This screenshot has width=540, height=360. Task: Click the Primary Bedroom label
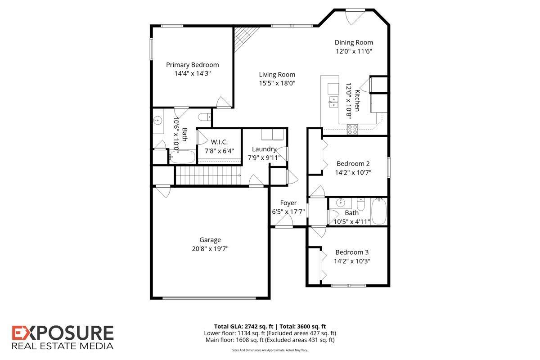(x=193, y=65)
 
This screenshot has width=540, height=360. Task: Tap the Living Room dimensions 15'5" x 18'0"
(x=277, y=83)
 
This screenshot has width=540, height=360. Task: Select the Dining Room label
(x=354, y=42)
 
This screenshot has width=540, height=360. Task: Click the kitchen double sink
(x=334, y=102)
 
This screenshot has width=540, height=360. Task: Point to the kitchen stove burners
(x=352, y=129)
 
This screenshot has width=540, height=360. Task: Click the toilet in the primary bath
(x=204, y=117)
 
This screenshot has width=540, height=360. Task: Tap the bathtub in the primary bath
(x=182, y=157)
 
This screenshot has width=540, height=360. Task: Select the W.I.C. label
(x=219, y=142)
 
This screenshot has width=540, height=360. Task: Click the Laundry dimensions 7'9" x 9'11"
(x=264, y=157)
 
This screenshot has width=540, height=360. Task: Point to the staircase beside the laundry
(x=208, y=175)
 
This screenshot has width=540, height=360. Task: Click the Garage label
(x=210, y=240)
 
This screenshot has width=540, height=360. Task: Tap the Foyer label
(x=288, y=203)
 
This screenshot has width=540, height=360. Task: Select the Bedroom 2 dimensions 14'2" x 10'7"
(x=353, y=173)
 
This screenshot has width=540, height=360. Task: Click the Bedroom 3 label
(x=352, y=252)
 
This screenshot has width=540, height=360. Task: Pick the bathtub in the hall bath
(x=379, y=211)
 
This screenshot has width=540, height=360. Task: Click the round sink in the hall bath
(x=341, y=203)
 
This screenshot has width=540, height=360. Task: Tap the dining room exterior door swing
(x=354, y=18)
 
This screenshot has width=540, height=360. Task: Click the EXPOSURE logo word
(x=63, y=333)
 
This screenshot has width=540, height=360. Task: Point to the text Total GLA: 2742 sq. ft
(x=244, y=327)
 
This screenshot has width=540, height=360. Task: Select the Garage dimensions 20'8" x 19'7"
(x=210, y=248)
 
